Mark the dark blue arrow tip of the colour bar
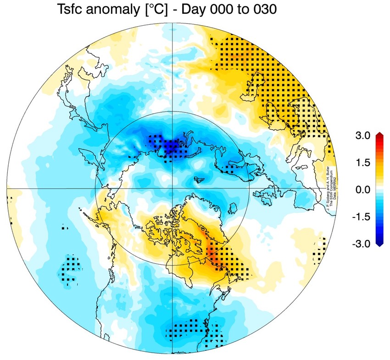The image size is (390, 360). tap(379, 245)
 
